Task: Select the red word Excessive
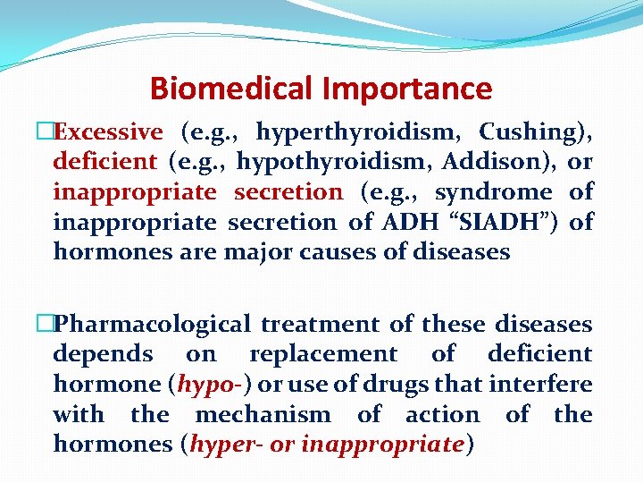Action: [x=108, y=132]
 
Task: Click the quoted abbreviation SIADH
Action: [x=520, y=222]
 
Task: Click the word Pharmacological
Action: [x=152, y=324]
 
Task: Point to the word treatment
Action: [x=326, y=324]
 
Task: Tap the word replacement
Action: [x=323, y=354]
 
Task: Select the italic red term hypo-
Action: [x=214, y=385]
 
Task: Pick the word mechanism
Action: [x=263, y=415]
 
